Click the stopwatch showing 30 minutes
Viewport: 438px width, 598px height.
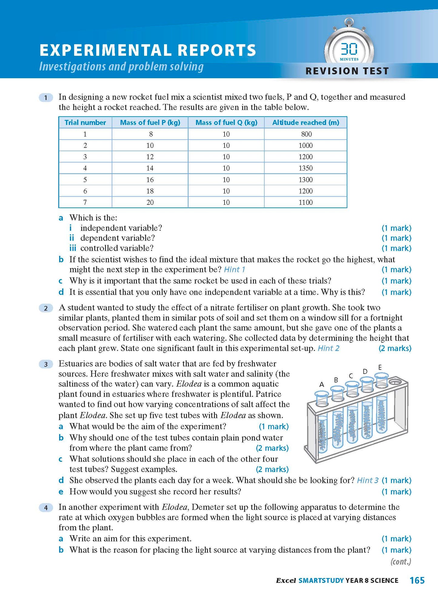point(349,50)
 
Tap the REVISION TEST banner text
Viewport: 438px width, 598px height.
point(347,71)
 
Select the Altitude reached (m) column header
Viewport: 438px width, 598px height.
point(306,122)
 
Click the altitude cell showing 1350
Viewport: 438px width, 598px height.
point(306,168)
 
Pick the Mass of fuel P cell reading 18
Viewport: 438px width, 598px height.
point(150,191)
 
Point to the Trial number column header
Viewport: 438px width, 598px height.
point(85,122)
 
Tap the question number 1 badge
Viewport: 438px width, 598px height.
point(46,98)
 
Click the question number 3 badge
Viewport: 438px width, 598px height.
point(46,364)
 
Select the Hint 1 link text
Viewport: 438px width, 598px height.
point(234,269)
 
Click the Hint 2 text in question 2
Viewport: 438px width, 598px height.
point(328,348)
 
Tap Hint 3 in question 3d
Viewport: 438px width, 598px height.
point(368,480)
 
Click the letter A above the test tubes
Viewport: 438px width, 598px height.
point(322,384)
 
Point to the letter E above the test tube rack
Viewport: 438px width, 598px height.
point(380,367)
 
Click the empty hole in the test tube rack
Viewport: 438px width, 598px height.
point(395,382)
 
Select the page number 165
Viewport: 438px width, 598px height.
point(417,580)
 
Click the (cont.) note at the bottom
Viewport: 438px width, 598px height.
point(401,562)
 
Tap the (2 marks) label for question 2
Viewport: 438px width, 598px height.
point(395,348)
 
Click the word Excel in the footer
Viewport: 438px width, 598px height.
point(286,580)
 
